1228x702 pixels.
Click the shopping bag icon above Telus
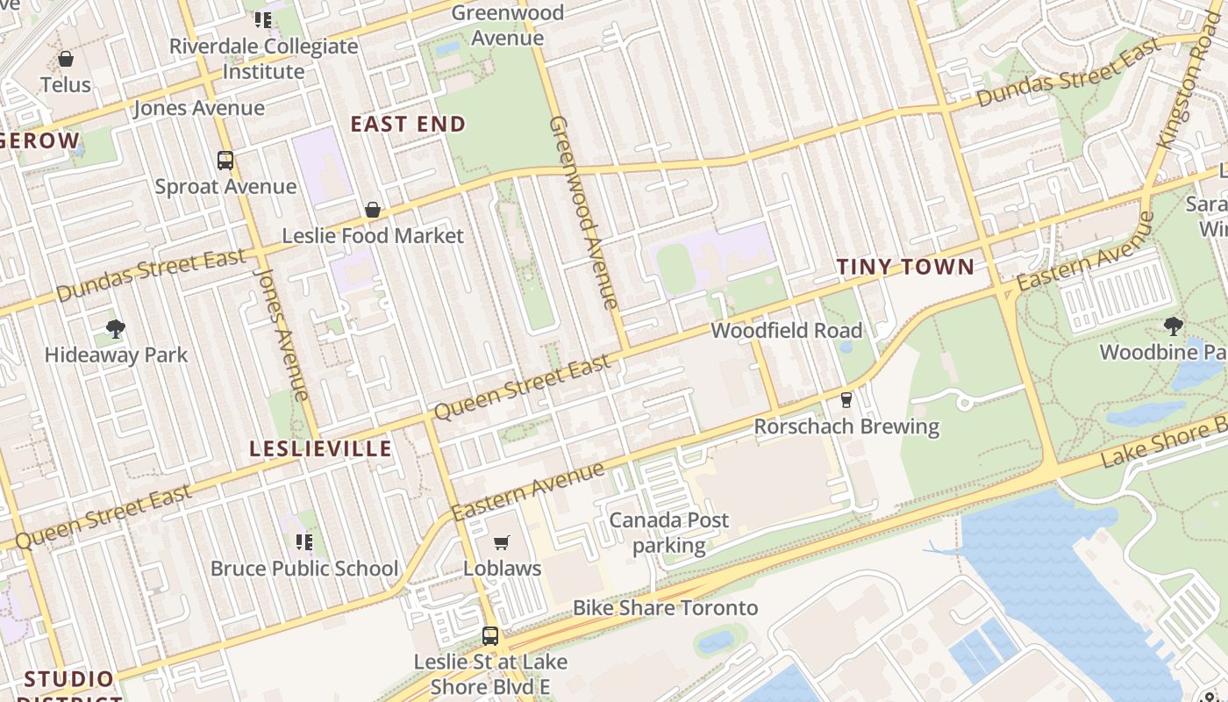[66, 60]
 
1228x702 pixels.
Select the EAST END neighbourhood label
[408, 125]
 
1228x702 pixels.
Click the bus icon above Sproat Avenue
[225, 161]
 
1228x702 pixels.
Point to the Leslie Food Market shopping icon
[373, 210]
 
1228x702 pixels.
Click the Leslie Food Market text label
[373, 236]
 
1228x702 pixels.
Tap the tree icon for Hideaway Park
[116, 330]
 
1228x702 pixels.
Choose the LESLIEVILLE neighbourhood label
[320, 449]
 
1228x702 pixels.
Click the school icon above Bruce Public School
[304, 542]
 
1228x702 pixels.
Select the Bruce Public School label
[304, 569]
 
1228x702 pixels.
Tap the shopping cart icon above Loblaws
[502, 543]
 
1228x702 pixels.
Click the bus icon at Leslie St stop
[490, 635]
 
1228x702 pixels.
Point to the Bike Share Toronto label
[665, 608]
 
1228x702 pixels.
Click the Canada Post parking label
[669, 533]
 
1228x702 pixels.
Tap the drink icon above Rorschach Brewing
[846, 400]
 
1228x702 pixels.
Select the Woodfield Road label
[787, 331]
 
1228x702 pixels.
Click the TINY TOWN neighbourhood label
[905, 268]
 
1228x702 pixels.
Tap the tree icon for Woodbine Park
[1174, 327]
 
